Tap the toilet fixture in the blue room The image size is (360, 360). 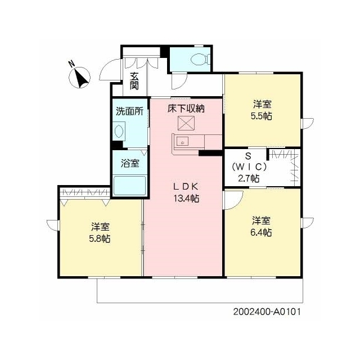[200, 58]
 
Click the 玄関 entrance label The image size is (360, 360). [134, 80]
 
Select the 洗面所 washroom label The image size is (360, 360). [130, 111]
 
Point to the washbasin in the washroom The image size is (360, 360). [119, 131]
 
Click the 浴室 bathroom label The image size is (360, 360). [130, 163]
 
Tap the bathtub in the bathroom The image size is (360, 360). [130, 186]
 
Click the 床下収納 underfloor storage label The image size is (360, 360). [186, 109]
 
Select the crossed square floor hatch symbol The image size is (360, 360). [186, 123]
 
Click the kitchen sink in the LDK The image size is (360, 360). [182, 142]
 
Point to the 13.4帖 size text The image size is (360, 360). [186, 198]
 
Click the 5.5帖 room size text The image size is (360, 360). [262, 116]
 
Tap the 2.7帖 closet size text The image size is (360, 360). [249, 178]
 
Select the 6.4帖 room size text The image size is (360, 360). [261, 232]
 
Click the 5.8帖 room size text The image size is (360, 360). [100, 238]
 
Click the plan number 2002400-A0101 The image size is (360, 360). [267, 312]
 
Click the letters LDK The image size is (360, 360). [186, 187]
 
